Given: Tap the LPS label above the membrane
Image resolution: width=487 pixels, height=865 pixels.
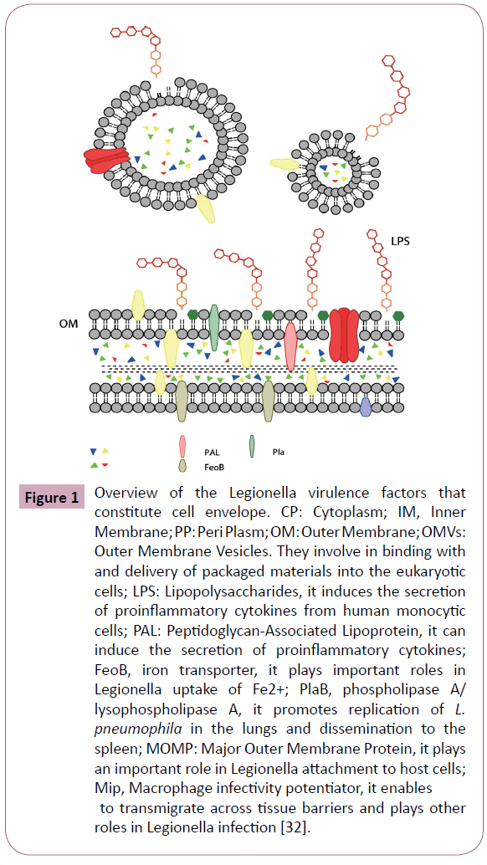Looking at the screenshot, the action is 400,242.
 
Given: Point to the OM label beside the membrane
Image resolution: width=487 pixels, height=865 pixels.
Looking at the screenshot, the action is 69,324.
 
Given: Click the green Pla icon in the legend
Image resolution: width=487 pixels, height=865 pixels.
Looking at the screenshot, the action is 252,447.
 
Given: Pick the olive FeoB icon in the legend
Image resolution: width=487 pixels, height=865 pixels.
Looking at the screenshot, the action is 183,466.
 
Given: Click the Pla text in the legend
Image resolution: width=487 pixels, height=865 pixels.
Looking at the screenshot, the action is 279,453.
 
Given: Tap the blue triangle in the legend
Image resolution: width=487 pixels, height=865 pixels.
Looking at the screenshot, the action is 93,451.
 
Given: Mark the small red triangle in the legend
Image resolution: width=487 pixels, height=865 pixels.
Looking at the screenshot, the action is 105,465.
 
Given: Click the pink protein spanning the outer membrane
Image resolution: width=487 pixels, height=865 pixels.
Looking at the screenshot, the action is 290,346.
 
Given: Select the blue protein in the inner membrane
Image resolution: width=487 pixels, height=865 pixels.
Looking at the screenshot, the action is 365,407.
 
